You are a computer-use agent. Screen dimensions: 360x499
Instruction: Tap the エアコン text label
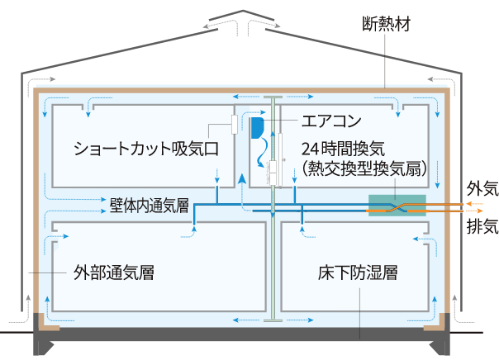click(330, 121)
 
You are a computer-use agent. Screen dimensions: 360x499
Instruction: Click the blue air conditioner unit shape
click(257, 127)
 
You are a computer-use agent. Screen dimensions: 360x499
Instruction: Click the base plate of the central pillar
click(272, 319)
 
